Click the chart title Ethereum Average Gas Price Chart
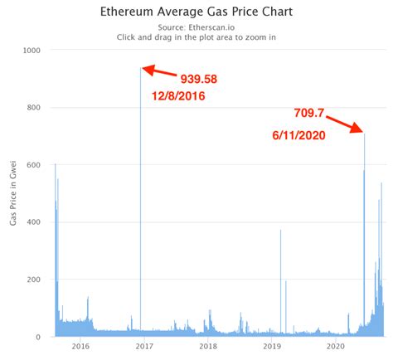pos(196,14)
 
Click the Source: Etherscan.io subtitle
pos(196,27)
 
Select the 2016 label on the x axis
pos(80,346)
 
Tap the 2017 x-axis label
pos(144,346)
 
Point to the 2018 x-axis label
pos(208,346)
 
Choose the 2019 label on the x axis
pos(272,346)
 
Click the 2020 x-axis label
pos(336,346)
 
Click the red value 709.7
pos(311,113)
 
